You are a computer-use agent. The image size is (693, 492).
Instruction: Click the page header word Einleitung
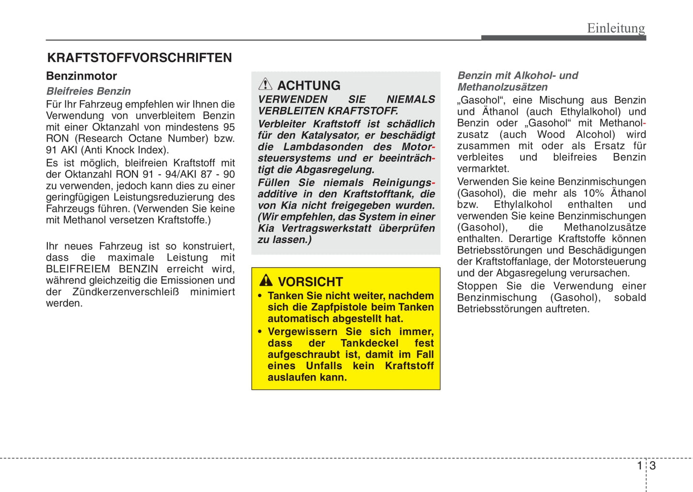point(616,28)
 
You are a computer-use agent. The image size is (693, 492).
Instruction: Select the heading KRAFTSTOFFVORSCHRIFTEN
point(139,58)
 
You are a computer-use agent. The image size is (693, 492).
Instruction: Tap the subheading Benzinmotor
point(82,76)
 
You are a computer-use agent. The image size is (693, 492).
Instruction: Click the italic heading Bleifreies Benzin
point(88,91)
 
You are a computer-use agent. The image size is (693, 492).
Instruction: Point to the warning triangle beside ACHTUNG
point(265,84)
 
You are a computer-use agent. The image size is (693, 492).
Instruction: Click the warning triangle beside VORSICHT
point(266,281)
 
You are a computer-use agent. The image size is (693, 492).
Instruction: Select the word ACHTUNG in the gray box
point(309,85)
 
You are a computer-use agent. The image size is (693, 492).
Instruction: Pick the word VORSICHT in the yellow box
point(310,282)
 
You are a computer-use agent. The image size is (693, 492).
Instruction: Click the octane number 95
point(229,127)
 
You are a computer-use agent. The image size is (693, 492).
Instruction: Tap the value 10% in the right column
point(593,193)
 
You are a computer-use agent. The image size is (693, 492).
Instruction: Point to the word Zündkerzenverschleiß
point(125,292)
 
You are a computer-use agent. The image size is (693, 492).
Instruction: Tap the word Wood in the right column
point(551,135)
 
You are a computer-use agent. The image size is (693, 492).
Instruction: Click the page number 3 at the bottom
point(653,466)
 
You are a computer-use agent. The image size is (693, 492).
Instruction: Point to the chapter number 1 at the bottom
point(639,466)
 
